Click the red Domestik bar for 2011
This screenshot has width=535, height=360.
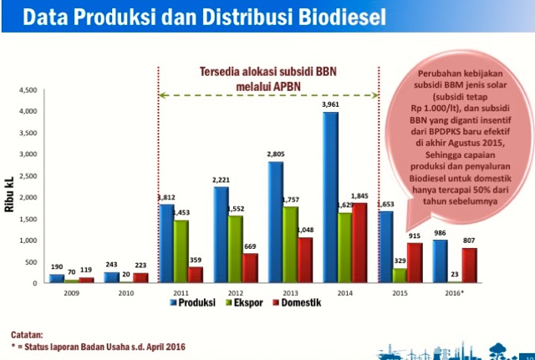pos(195,275)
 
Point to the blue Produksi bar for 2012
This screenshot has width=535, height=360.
pos(221,235)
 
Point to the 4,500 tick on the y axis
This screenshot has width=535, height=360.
pos(27,89)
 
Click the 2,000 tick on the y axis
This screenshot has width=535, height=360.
pos(27,197)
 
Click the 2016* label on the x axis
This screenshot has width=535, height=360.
pos(456,292)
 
